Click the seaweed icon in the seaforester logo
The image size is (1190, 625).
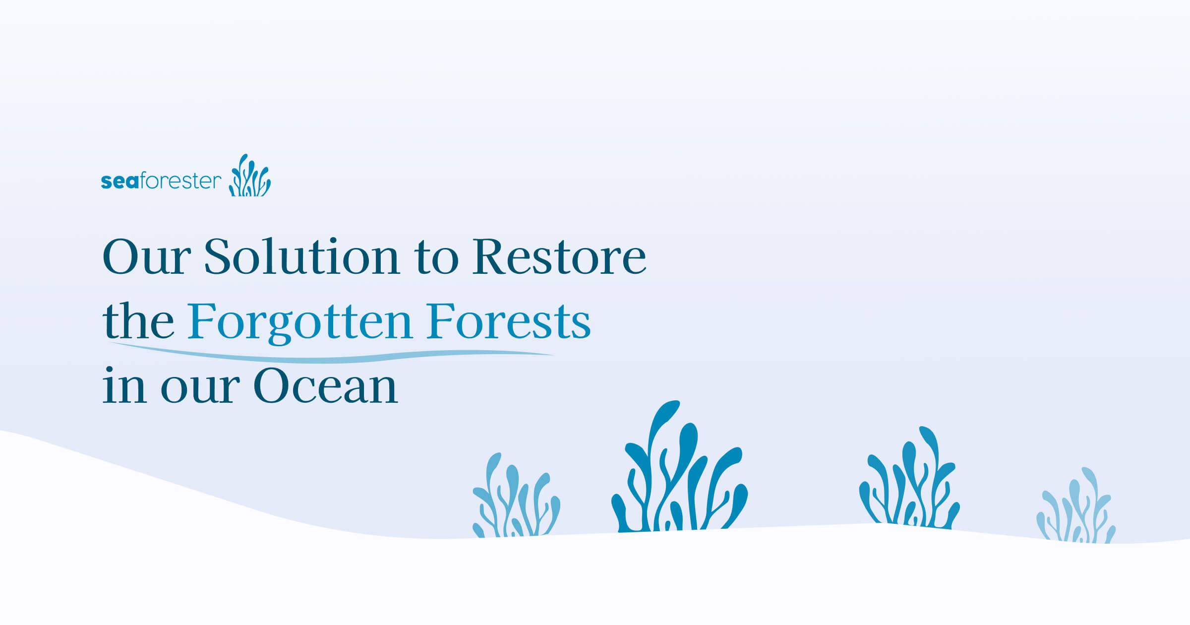coord(250,176)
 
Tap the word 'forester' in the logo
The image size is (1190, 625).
coord(180,181)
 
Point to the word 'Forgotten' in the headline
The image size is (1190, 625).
coord(299,322)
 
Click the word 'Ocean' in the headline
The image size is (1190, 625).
coord(325,386)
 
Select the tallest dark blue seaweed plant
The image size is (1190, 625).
coord(679,476)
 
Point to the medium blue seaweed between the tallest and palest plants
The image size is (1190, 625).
coord(910,481)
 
